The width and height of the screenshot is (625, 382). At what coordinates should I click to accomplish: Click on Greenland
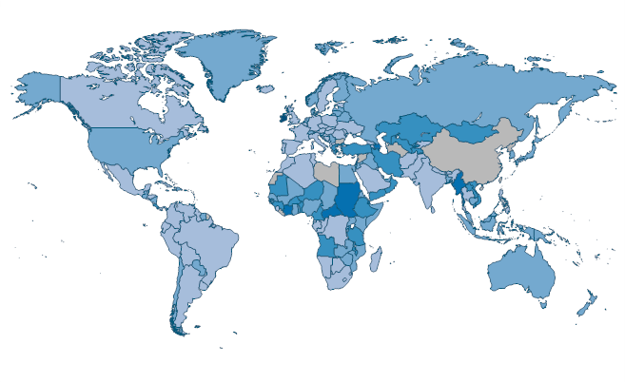[x=226, y=62]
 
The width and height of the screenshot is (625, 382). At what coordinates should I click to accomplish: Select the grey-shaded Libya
[x=326, y=174]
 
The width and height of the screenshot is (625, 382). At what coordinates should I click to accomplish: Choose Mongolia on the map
[x=468, y=131]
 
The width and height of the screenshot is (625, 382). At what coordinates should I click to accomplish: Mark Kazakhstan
[x=409, y=129]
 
